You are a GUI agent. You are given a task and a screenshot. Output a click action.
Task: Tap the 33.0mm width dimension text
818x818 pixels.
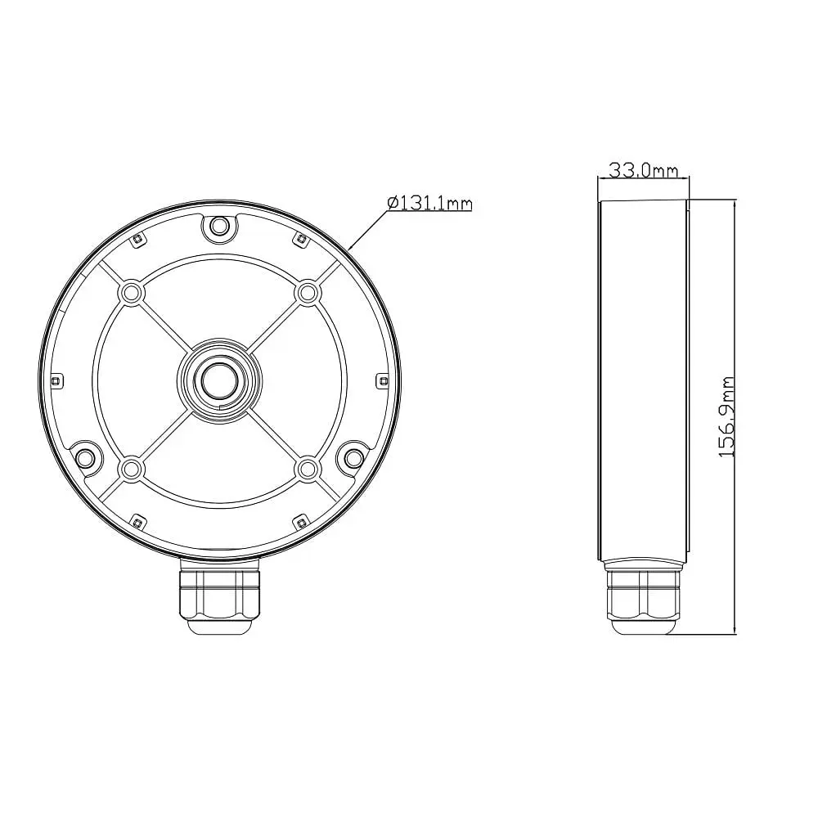[643, 170]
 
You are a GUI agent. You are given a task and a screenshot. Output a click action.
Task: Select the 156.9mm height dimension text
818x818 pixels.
[726, 417]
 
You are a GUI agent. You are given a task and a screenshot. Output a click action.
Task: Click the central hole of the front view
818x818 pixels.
[220, 381]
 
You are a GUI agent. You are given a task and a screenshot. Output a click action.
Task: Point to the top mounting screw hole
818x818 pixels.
[219, 227]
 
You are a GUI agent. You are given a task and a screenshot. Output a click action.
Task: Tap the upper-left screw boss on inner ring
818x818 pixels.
[131, 293]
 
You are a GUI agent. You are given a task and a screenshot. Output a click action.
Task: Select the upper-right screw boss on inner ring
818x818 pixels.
[308, 293]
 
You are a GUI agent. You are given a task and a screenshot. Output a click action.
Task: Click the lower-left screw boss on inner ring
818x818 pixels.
[131, 470]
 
